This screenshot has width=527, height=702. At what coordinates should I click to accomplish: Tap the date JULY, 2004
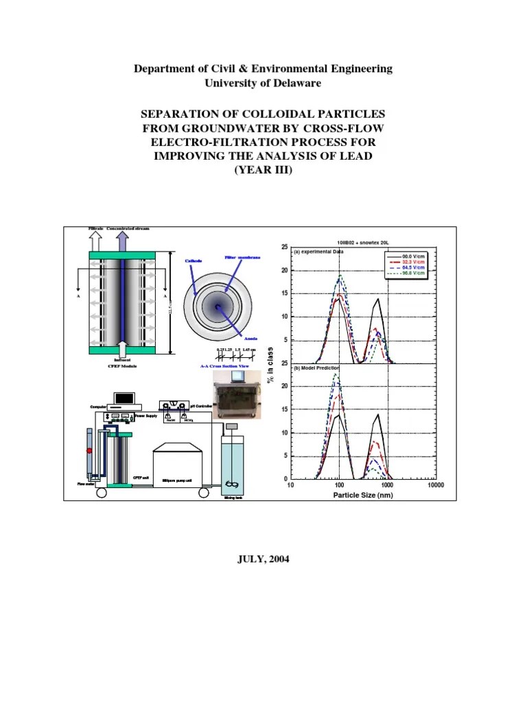(x=263, y=559)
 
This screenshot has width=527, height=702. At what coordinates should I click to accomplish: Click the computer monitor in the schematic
(x=125, y=397)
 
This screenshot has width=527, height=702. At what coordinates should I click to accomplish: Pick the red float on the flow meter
(x=89, y=450)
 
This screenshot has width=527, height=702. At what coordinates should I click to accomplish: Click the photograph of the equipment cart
(x=237, y=401)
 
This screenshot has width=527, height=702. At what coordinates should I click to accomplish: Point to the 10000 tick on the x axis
(x=435, y=485)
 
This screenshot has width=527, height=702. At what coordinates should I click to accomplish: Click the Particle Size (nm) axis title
(x=363, y=495)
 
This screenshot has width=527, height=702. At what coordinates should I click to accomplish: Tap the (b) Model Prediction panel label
(x=317, y=368)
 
